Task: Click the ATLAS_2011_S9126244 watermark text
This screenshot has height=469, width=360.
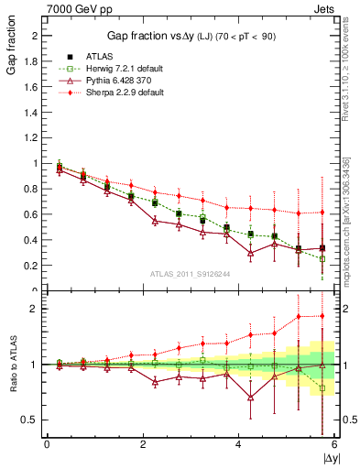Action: pyautogui.click(x=190, y=274)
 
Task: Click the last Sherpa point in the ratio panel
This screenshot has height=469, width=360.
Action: pyautogui.click(x=322, y=316)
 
